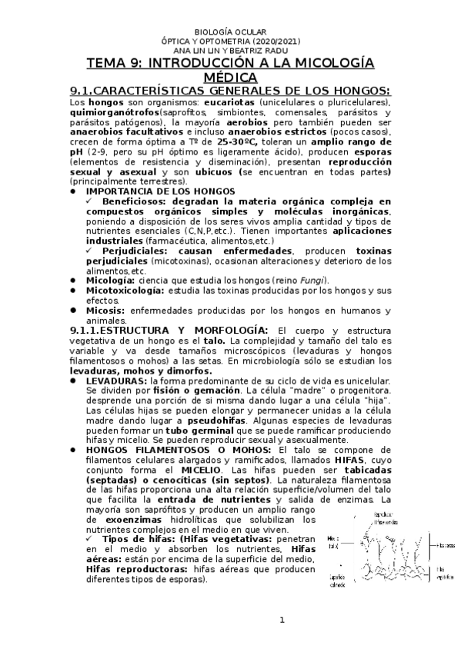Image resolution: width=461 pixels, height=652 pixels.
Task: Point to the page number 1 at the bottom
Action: point(282,620)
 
